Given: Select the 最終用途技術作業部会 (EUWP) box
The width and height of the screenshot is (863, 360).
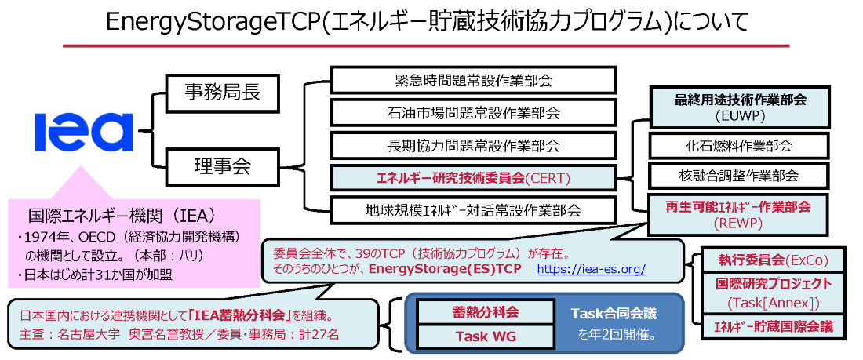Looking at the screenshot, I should point(740,108).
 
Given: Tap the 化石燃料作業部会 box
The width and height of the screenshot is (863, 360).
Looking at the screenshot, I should point(740,146).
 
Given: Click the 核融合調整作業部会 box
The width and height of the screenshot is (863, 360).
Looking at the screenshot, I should point(740,176).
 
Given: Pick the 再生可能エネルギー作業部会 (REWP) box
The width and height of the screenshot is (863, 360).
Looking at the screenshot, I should point(740,213).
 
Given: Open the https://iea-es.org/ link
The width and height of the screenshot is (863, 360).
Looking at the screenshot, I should point(592,269).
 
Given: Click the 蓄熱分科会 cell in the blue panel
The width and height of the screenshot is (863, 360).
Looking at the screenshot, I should point(475,311).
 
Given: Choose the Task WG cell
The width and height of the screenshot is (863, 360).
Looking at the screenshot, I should point(475,336).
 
